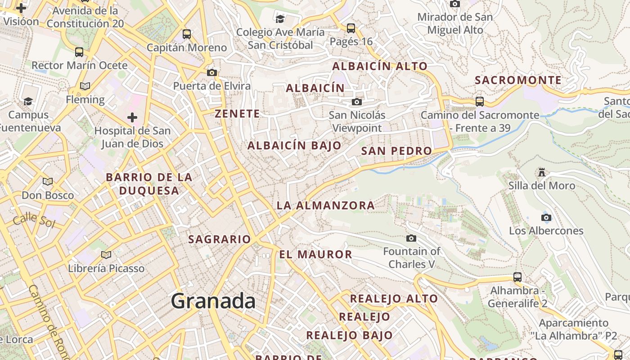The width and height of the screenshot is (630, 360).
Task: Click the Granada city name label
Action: [x=213, y=301]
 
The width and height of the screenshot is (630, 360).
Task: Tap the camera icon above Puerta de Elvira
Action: [x=212, y=72]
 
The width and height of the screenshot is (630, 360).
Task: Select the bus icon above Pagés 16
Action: [x=351, y=28]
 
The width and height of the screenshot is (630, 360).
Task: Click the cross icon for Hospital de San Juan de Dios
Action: [x=132, y=117]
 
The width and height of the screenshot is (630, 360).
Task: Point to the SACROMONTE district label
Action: [x=518, y=81]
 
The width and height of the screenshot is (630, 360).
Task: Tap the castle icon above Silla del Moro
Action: [x=542, y=172]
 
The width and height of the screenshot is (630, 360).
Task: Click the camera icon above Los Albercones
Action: [x=546, y=218]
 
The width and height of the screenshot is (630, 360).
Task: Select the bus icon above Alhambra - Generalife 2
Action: [x=517, y=277]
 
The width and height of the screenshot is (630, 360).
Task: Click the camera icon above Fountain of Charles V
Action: [x=411, y=238]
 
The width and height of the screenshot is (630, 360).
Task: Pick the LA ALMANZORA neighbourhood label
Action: [x=325, y=206]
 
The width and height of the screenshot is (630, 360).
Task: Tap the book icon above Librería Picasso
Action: [x=106, y=255]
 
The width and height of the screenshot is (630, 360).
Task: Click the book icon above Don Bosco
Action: [x=48, y=182]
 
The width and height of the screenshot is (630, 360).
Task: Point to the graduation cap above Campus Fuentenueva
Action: [x=28, y=101]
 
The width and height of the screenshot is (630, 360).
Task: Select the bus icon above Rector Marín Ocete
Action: [x=79, y=52]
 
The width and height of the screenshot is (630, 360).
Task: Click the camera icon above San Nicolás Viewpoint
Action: [x=357, y=102]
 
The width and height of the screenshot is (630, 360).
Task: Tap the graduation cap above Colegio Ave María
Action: [x=280, y=19]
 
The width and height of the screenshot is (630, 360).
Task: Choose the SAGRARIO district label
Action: [x=219, y=239]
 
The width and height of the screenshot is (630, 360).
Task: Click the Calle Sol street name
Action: [x=34, y=220]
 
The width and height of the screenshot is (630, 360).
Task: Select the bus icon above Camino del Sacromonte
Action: [x=480, y=101]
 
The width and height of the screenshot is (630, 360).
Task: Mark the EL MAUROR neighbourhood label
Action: [x=315, y=255]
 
